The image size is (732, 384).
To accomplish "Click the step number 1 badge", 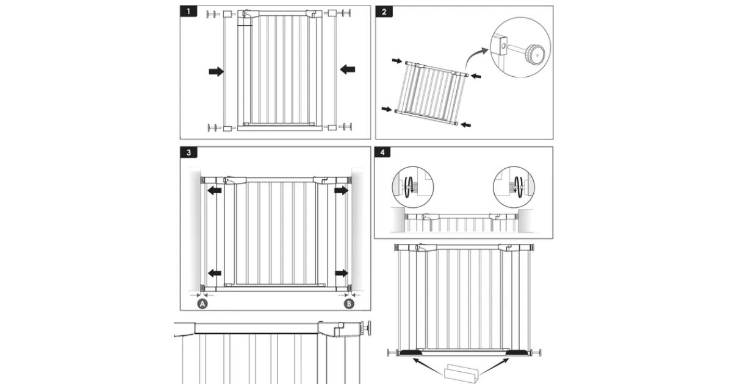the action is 188,12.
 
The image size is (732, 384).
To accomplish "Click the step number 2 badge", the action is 384,12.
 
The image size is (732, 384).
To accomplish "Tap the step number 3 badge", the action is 188,152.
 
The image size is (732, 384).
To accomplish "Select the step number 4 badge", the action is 382,152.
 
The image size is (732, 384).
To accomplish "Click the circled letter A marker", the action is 203,304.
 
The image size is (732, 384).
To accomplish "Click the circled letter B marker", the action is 349,304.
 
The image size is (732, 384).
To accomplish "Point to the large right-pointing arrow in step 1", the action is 216,71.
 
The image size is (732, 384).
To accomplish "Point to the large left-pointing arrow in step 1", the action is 347,69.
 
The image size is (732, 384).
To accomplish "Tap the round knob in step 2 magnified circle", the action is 535,54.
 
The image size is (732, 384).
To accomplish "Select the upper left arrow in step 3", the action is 215,190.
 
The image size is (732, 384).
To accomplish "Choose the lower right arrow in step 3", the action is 342,273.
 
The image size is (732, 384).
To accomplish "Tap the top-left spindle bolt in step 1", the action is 213,15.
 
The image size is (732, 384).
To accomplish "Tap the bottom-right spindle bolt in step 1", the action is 345,127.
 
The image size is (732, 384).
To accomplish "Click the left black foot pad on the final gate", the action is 411,353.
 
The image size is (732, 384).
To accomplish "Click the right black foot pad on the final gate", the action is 517,353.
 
